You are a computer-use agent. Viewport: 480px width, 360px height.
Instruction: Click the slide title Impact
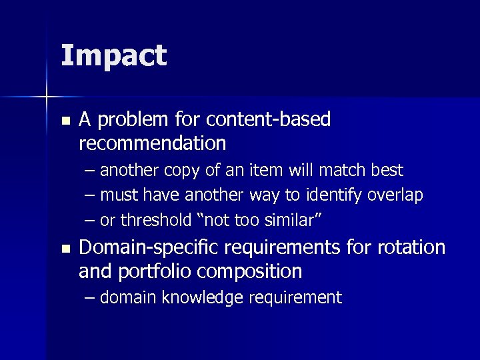[113, 56]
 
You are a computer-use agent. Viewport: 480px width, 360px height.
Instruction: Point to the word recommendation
[152, 143]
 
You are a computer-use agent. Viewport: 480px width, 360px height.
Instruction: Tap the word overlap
[399, 195]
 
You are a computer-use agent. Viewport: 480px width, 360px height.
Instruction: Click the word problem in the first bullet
[135, 120]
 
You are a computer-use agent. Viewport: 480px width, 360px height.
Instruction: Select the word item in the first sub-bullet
[267, 171]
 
